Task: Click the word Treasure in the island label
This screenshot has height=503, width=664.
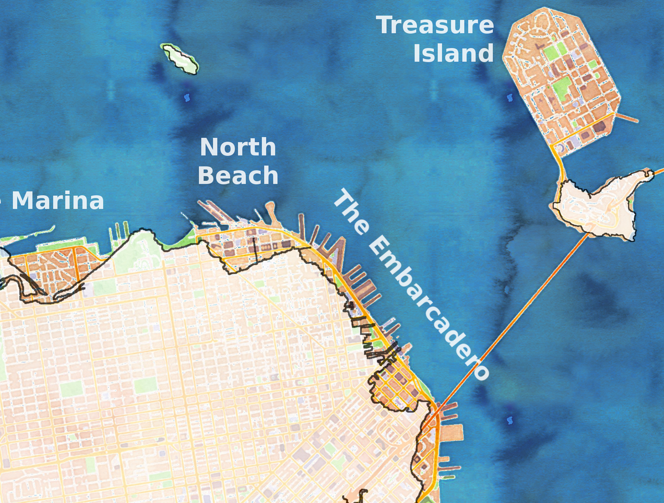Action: [435, 25]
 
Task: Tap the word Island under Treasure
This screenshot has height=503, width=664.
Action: [453, 54]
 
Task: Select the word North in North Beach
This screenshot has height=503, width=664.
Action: [237, 147]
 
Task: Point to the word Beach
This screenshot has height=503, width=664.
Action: [238, 175]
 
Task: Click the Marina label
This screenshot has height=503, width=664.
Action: [58, 201]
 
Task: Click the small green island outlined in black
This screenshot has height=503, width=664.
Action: [179, 58]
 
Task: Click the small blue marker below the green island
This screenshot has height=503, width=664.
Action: [185, 98]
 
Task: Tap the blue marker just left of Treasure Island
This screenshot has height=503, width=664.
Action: [510, 97]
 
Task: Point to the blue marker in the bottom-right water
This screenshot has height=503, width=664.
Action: [510, 421]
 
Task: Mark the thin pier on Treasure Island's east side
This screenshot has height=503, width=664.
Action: [627, 118]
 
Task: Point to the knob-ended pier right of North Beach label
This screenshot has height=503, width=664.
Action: [271, 211]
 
